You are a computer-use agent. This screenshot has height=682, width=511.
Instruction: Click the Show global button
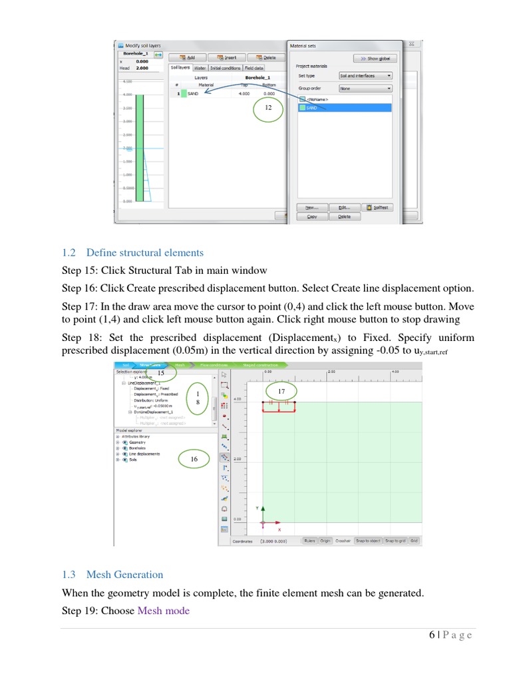pyautogui.click(x=375, y=59)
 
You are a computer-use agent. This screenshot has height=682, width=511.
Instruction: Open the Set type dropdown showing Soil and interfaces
pyautogui.click(x=365, y=76)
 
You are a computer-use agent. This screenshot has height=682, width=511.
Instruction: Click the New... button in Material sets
pyautogui.click(x=311, y=207)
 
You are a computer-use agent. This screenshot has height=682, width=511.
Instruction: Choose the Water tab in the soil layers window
pyautogui.click(x=200, y=68)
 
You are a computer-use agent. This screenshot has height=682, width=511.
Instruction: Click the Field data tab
pyautogui.click(x=254, y=68)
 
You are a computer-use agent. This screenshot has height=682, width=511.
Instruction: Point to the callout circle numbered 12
pyautogui.click(x=268, y=107)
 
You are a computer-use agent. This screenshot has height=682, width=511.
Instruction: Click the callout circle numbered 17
pyautogui.click(x=281, y=390)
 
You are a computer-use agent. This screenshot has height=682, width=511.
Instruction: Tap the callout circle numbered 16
pyautogui.click(x=194, y=459)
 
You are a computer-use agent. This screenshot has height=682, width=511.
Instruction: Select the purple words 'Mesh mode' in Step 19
pyautogui.click(x=163, y=611)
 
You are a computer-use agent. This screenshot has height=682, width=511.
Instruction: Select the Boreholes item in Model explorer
pyautogui.click(x=138, y=448)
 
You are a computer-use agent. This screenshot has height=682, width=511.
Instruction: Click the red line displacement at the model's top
pyautogui.click(x=279, y=411)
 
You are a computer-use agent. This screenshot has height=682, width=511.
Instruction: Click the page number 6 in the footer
pyautogui.click(x=432, y=635)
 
